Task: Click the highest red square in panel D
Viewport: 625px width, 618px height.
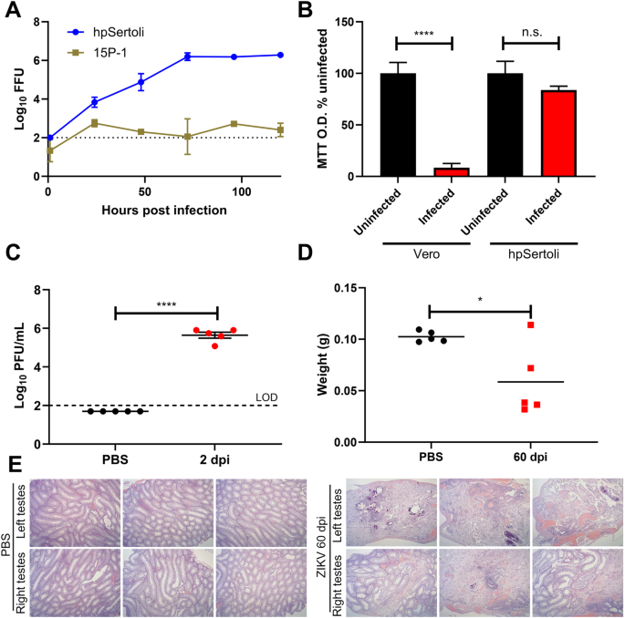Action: (x=529, y=325)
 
